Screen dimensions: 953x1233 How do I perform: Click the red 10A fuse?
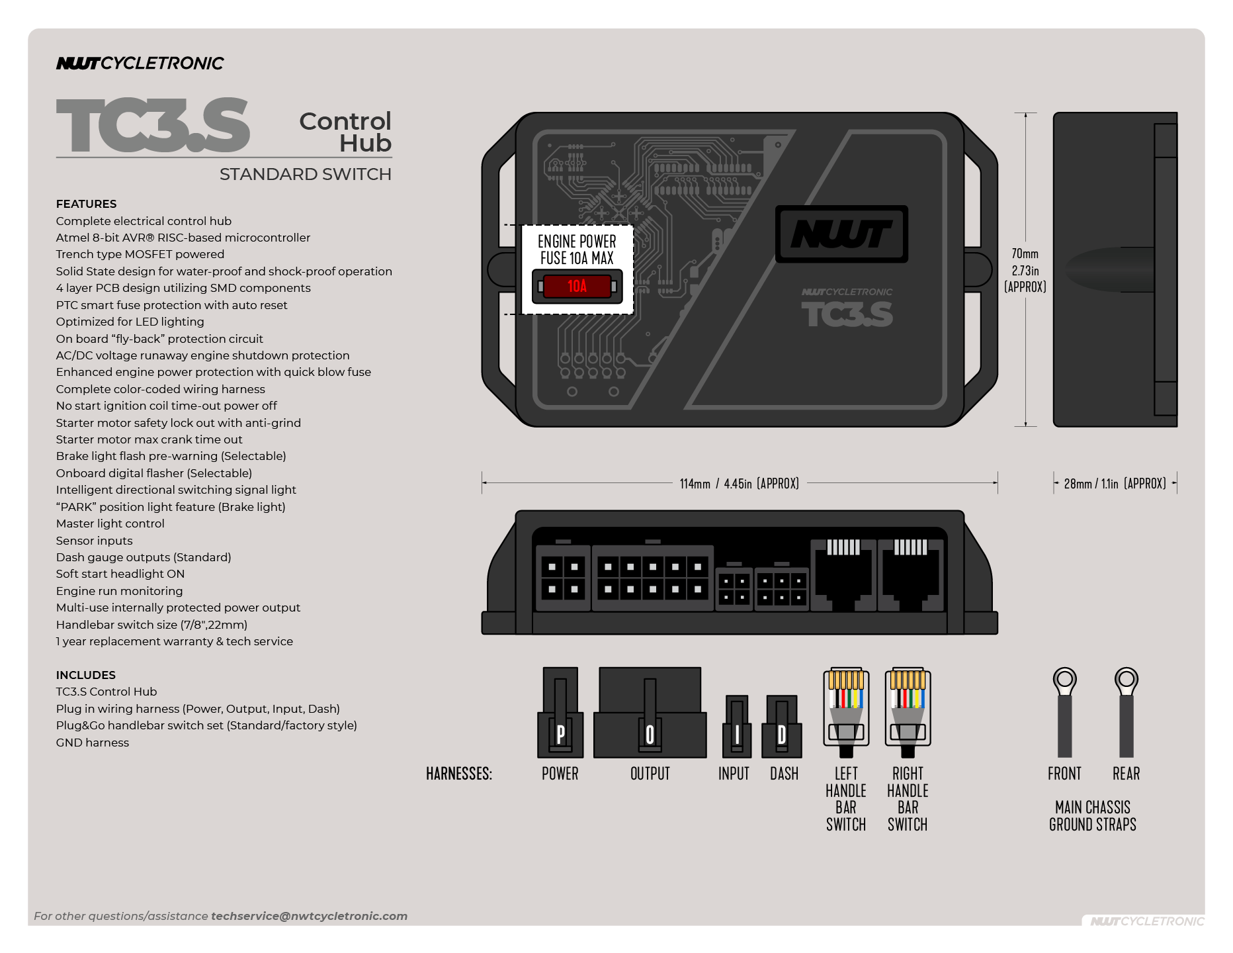577,286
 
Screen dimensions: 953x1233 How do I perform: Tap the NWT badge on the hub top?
841,234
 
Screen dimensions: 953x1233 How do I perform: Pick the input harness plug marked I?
737,728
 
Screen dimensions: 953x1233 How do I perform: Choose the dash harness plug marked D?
782,728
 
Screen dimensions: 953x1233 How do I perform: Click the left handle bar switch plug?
845,711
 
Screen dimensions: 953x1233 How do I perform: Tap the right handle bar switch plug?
908,711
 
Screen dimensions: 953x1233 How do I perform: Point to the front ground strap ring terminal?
1064,680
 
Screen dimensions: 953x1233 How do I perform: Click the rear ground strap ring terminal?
1126,680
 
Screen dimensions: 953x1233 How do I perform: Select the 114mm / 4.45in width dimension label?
739,484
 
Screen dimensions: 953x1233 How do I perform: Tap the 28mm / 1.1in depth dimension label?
1115,484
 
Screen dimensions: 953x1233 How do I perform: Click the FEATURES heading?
86,204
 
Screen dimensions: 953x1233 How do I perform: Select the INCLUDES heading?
85,675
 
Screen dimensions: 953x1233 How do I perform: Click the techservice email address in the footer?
309,916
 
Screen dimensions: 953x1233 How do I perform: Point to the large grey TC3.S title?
153,126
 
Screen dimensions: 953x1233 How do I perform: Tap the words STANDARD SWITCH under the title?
305,174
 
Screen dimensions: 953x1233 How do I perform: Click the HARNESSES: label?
459,774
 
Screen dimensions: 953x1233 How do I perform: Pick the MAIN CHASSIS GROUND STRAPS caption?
1092,816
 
